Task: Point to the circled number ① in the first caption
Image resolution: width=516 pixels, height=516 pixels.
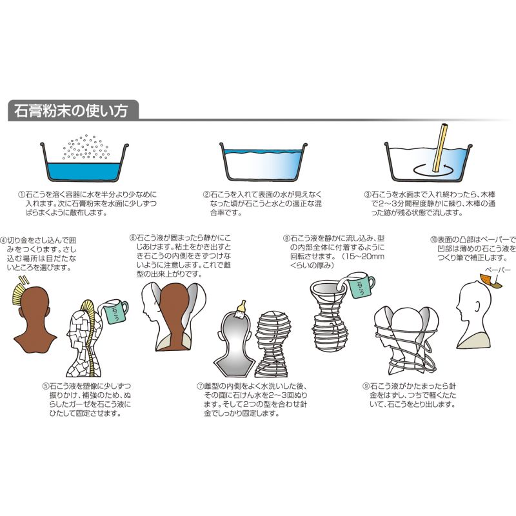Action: [21, 194]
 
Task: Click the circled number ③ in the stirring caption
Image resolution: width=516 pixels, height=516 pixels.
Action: [368, 194]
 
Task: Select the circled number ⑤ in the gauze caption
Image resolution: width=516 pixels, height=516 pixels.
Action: [43, 387]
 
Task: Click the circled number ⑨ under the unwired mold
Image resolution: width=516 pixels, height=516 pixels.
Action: [366, 387]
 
